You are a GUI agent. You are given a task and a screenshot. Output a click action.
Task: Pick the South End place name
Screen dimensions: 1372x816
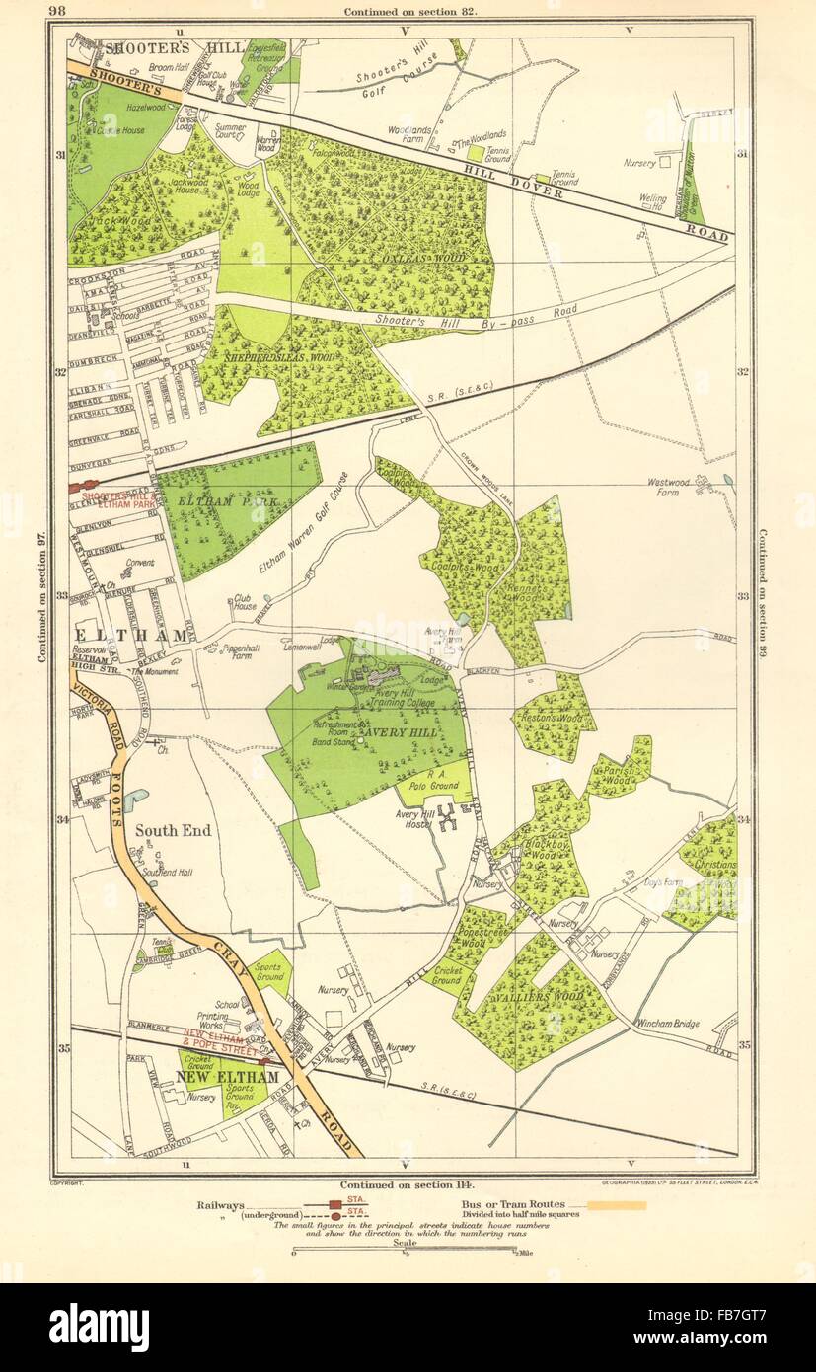[172, 831]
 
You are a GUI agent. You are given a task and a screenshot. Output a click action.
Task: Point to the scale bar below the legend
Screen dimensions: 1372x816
[408, 1252]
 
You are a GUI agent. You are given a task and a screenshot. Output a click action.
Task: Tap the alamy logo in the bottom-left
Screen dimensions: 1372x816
[99, 1328]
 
